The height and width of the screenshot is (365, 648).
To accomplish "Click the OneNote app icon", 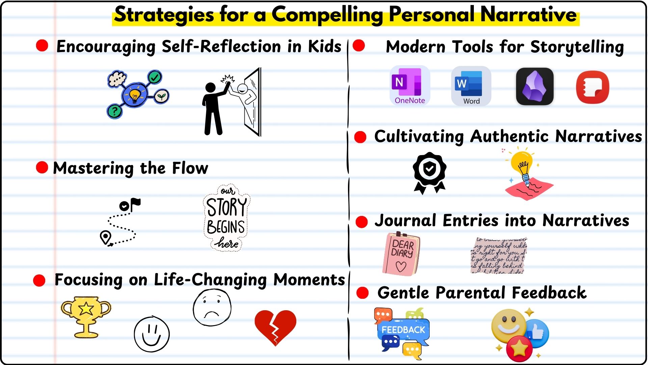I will [x=409, y=86].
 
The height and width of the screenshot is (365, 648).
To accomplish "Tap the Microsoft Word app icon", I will [x=471, y=86].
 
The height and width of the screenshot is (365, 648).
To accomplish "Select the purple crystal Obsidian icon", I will [x=535, y=87].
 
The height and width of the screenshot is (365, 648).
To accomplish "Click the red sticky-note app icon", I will [x=592, y=87].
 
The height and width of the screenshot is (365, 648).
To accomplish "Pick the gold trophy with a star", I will [x=86, y=316].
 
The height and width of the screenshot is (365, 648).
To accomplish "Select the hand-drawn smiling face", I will [x=152, y=334].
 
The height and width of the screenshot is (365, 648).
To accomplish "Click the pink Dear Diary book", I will [x=401, y=254].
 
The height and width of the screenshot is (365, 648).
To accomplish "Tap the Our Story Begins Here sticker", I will [x=226, y=218].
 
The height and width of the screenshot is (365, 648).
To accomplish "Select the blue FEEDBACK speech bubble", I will [x=403, y=330].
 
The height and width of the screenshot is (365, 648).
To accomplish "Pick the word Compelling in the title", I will [x=327, y=15].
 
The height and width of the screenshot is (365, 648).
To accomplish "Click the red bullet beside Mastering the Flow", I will [x=42, y=167].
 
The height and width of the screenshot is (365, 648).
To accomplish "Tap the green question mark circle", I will [x=115, y=111].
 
